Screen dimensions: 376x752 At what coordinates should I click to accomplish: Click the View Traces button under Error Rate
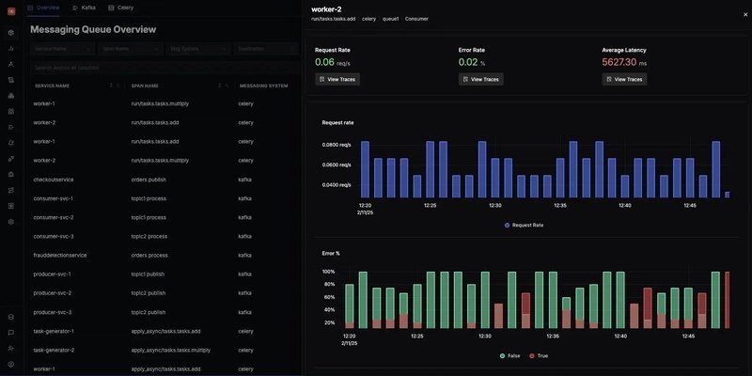coord(480,80)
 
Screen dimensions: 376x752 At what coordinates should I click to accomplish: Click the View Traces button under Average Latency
coord(624,80)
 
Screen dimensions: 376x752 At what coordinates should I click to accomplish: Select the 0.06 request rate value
coord(324,62)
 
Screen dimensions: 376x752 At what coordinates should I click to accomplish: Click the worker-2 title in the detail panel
coord(326,8)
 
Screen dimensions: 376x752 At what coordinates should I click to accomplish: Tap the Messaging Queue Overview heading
coord(93,29)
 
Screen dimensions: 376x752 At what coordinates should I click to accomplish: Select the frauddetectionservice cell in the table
coord(60,255)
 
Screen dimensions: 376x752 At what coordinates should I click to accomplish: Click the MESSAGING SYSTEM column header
coord(263,86)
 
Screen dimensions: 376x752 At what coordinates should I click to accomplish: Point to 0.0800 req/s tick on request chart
coord(337,145)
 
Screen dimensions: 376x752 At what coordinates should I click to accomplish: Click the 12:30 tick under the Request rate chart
coord(494,205)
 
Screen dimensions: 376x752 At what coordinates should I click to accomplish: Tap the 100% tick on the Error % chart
coord(329,272)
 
